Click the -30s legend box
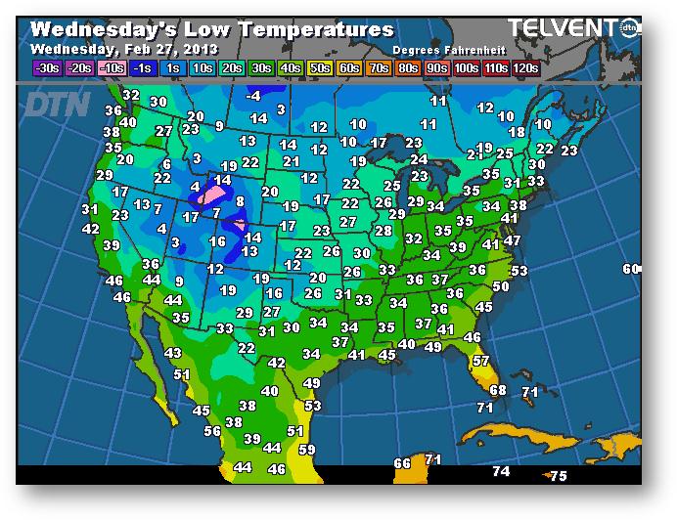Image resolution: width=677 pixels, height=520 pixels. point(47,68)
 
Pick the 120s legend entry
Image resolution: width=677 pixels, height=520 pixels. point(525,68)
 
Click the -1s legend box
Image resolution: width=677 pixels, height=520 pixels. point(144,68)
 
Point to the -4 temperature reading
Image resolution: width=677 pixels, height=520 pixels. point(253,96)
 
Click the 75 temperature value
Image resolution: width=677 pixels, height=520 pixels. point(559,476)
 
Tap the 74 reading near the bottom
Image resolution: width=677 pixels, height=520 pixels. point(501,471)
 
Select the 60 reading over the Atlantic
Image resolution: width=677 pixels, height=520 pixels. point(631,269)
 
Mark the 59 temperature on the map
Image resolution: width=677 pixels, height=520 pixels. point(307,450)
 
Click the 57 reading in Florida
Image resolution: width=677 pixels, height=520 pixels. point(480,361)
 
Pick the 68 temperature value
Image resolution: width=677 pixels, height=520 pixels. point(498,390)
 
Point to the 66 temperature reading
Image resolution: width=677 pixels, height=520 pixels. point(402,463)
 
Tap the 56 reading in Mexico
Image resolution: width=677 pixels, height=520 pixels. point(212,430)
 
